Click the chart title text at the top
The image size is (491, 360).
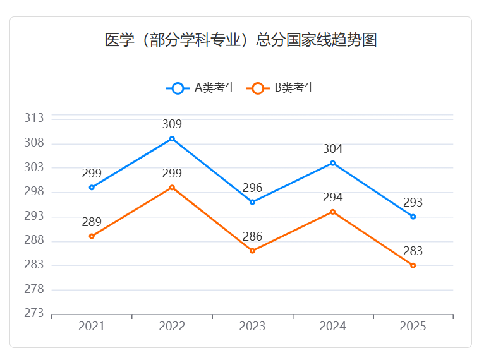(241, 40)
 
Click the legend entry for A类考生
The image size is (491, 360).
(202, 88)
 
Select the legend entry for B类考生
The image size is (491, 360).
(284, 88)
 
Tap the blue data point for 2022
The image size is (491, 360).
(172, 139)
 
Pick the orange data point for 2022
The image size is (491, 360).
(172, 188)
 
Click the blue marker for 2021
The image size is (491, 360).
(92, 188)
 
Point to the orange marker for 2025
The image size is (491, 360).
(413, 265)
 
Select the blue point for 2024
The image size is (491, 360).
(333, 163)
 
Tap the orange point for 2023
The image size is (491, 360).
(252, 251)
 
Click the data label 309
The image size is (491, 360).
(172, 124)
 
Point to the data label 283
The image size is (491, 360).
(413, 251)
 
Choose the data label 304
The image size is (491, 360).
(333, 149)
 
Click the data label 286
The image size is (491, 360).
(252, 237)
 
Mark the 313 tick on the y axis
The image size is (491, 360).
(34, 118)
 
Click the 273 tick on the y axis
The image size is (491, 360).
(34, 313)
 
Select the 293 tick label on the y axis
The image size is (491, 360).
(34, 216)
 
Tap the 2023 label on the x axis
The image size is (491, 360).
(252, 327)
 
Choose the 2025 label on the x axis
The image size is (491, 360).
(413, 327)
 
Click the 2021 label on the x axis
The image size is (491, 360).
(92, 327)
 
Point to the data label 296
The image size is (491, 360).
(252, 188)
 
